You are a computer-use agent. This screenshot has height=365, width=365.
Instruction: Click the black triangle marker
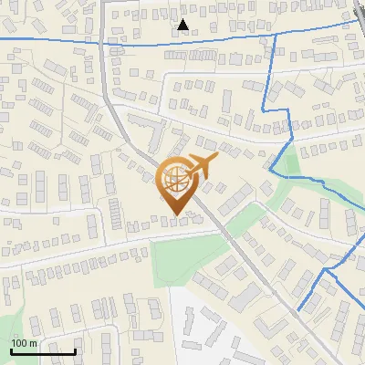click(x=183, y=26)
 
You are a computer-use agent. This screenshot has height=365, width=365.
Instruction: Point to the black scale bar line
click(x=43, y=351)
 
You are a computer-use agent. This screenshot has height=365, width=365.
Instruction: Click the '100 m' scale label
click(x=24, y=343)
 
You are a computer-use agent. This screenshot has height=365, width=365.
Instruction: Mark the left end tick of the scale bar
click(x=11, y=349)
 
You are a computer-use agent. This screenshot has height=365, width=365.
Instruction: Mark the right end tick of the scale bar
click(x=75, y=349)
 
